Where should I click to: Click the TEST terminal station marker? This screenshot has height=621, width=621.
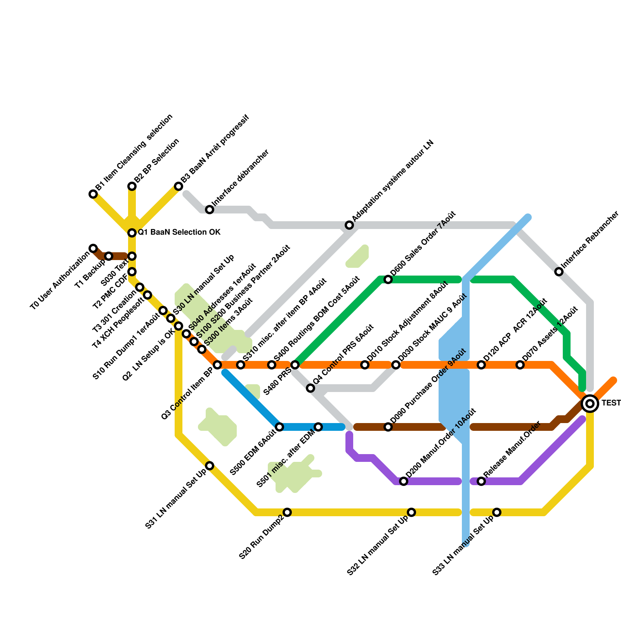pos(590,404)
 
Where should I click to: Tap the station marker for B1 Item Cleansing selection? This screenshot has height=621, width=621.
pos(93,194)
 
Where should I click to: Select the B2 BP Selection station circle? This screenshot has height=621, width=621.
pos(132,186)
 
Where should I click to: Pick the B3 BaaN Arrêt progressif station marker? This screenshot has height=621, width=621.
pos(179,186)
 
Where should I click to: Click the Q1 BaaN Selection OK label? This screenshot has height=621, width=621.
pos(179,232)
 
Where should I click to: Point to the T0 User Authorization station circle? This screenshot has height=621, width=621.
pos(93,248)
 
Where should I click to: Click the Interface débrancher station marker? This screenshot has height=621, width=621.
pos(210,210)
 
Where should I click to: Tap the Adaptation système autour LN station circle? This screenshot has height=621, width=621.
pos(349,225)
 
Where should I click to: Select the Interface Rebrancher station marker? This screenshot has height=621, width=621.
pos(559,272)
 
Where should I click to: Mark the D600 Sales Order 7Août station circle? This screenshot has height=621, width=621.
pos(388,279)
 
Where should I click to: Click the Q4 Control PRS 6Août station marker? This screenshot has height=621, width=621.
pos(310,388)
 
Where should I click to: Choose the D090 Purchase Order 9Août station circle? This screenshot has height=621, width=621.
pos(388,427)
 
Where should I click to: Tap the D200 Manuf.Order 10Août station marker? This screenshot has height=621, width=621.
pos(404,481)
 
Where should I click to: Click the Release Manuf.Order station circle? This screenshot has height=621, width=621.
pos(481,481)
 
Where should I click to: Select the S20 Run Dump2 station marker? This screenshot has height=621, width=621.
pos(287,512)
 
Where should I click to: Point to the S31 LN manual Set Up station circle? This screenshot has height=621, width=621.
pos(210,466)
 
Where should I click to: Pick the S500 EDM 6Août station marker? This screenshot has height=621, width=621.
pos(279,427)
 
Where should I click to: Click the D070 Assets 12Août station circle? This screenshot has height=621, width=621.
pos(520,365)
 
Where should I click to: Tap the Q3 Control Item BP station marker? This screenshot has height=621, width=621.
pos(217,365)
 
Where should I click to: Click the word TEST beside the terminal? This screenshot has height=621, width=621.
pos(611,403)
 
